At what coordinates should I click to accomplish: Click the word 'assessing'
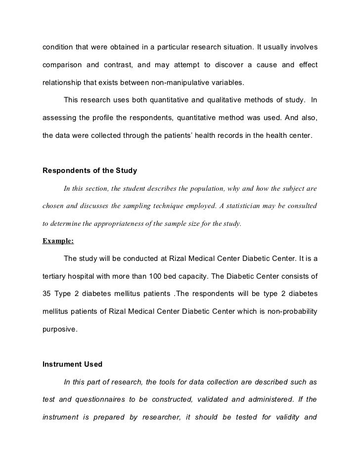[x=59, y=118]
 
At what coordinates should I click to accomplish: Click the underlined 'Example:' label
[x=58, y=241]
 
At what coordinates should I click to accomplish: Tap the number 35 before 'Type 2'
[x=48, y=294]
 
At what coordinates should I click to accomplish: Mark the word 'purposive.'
[x=60, y=329]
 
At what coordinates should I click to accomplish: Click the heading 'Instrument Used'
[x=73, y=364]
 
